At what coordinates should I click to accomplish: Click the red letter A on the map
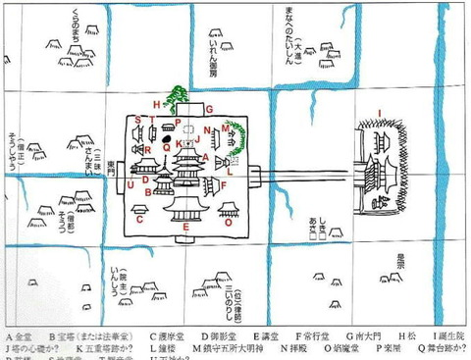point(201,158)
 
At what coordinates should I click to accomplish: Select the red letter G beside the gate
point(209,108)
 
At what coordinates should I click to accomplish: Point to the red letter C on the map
point(140,220)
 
